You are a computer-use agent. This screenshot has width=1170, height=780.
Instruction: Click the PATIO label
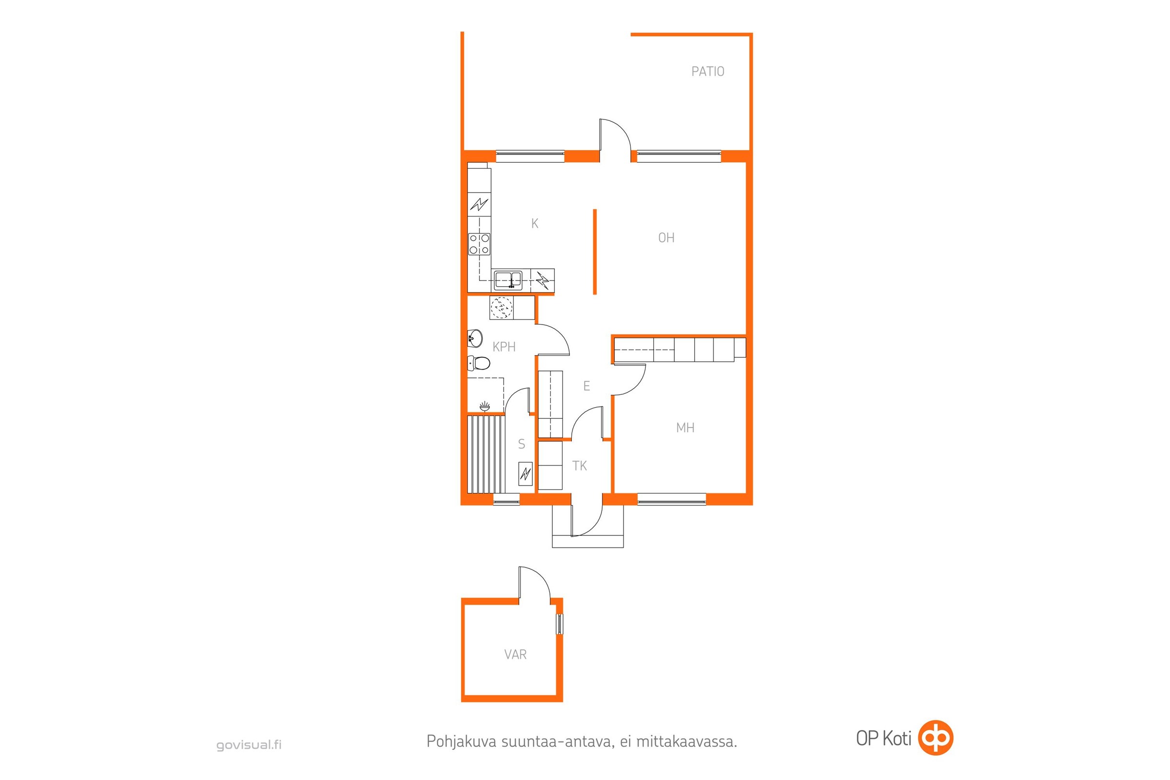coord(707,72)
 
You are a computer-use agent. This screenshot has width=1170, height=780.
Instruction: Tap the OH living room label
coord(666,238)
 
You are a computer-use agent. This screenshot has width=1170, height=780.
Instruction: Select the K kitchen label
coord(535,223)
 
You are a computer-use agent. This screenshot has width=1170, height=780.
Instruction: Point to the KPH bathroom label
coord(504,347)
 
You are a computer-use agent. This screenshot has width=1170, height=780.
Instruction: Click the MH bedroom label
coord(685,428)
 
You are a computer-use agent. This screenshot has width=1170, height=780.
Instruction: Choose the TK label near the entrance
coord(580,466)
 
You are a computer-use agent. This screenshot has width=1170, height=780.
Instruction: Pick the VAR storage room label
coord(515,654)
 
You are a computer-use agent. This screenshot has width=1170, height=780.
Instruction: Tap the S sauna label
coord(521,444)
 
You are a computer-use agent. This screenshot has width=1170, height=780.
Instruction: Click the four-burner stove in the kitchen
coord(479,244)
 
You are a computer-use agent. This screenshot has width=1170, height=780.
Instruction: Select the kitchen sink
coord(508,279)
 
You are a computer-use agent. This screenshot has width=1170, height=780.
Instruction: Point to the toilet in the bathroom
coord(479,363)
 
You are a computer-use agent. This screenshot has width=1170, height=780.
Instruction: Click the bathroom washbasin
coord(474,338)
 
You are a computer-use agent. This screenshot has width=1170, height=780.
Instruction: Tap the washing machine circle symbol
coord(502,308)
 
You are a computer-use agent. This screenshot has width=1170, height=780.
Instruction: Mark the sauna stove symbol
coord(526,473)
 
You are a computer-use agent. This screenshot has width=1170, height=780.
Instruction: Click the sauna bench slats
coord(486,454)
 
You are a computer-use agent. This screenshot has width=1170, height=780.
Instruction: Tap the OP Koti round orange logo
coord(936,738)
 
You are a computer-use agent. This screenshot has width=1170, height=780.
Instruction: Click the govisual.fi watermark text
coord(249,745)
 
